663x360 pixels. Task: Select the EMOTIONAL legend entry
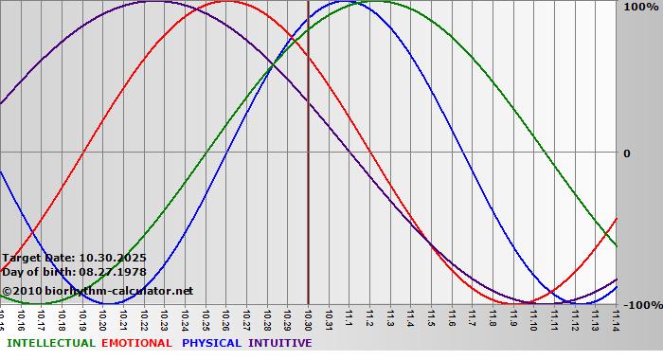[x=136, y=343]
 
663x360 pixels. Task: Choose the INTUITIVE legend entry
[x=280, y=343]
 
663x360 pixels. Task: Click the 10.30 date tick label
[x=307, y=318]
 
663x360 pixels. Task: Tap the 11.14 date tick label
[x=616, y=318]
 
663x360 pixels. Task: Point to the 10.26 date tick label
[x=225, y=318]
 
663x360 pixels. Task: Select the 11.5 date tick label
[x=431, y=318]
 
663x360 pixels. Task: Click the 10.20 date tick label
[x=102, y=318]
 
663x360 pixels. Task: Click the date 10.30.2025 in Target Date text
[x=113, y=258]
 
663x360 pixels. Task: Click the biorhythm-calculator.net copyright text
[x=104, y=290]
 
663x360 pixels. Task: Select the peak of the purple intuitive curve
[x=153, y=2]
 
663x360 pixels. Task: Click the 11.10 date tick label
[x=533, y=318]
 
